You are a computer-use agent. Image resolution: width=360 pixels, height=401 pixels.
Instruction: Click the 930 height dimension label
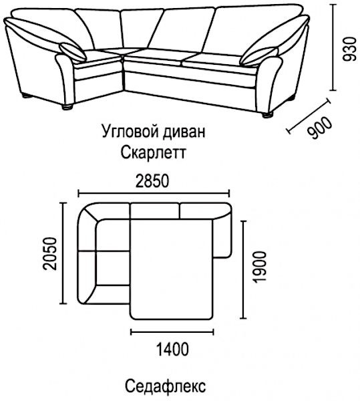coord(350,49)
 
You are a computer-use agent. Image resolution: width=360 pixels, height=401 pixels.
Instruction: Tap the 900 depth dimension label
coord(320,128)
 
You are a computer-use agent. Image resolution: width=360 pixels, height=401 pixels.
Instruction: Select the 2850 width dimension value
coord(152,181)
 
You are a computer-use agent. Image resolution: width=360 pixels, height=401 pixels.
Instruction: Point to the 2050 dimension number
coord(50,254)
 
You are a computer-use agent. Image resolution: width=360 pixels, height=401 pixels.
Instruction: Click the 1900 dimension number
coord(260,267)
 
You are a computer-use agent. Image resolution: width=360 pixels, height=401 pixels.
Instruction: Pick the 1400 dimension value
coord(172,349)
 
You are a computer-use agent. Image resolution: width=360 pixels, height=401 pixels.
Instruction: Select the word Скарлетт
coord(153,152)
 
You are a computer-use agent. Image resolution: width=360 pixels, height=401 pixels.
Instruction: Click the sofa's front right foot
coord(267,115)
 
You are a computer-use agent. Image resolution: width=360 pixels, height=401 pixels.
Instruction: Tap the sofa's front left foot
coord(67,107)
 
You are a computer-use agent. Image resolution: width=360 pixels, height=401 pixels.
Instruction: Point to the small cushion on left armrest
coord(72,52)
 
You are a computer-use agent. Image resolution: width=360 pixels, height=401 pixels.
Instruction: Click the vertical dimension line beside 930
coord(333,47)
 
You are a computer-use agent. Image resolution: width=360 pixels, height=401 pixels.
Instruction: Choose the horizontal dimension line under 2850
coord(154,194)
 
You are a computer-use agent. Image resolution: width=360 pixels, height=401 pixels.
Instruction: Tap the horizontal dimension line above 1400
coord(172,332)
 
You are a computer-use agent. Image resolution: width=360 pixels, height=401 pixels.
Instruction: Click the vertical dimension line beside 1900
coord(243,269)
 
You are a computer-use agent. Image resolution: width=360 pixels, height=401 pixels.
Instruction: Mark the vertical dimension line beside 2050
coord(63,253)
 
